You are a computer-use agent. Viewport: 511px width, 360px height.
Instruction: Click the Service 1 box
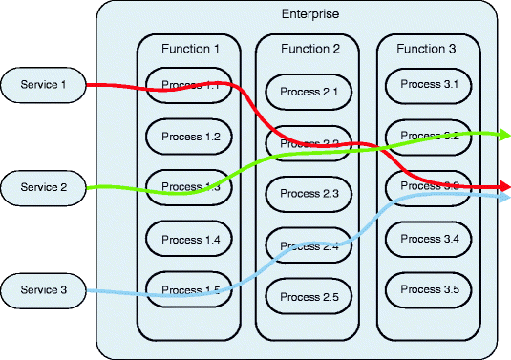point(44,85)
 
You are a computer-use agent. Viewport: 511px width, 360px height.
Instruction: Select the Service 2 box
point(44,187)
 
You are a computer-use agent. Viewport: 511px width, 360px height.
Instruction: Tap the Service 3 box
point(44,289)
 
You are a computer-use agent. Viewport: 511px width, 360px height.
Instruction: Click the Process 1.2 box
point(191,137)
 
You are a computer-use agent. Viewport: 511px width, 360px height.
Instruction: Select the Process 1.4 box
point(191,238)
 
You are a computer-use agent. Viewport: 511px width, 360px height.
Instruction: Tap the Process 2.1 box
point(310,92)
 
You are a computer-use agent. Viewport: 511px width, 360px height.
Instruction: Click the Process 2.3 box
point(310,194)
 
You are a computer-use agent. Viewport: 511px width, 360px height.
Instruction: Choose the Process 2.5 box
point(310,297)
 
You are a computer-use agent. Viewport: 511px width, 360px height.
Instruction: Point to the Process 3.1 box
point(431,84)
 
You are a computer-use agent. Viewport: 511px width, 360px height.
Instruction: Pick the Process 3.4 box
point(431,238)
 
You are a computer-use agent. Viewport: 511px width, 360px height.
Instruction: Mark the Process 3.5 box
point(431,288)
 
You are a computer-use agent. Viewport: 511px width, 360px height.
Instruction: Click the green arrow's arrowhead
point(502,135)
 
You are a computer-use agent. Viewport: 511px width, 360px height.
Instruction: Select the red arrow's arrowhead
point(502,186)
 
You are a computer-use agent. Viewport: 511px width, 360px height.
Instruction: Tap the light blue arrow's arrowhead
point(502,198)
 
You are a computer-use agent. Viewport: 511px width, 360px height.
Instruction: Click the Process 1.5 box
point(191,288)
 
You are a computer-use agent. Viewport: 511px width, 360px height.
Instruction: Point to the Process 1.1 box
point(191,85)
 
